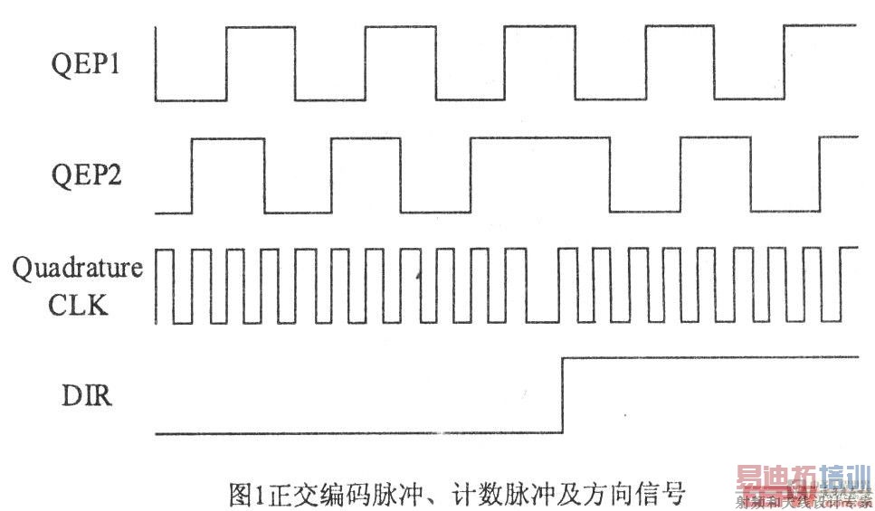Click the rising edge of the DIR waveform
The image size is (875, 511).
tap(563, 396)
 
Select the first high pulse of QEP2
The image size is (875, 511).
tap(227, 139)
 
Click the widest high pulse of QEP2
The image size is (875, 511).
tap(539, 139)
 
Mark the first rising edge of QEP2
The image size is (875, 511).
tap(191, 176)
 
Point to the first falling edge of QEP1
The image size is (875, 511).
tap(157, 63)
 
